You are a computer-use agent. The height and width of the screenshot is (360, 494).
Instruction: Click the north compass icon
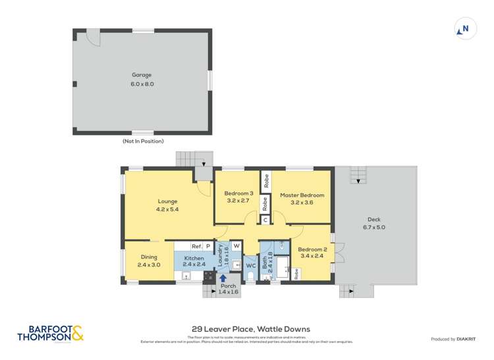point(465,29)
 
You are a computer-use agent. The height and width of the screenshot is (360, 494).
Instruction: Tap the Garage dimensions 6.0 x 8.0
point(142,84)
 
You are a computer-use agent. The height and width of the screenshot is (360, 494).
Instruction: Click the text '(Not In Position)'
point(143,141)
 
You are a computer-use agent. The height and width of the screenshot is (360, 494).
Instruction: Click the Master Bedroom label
point(302,195)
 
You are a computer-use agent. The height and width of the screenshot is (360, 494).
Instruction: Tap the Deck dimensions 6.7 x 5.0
point(374,228)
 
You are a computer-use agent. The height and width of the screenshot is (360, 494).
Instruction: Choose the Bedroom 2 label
point(313,249)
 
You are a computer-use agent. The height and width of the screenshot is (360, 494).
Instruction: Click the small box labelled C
point(265,220)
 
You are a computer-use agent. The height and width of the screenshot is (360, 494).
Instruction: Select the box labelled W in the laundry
point(236,245)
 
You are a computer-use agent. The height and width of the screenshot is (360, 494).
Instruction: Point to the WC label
point(250,266)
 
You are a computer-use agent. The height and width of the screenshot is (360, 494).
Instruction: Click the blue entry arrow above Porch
point(223,278)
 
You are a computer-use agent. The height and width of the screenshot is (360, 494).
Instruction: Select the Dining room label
point(149,257)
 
